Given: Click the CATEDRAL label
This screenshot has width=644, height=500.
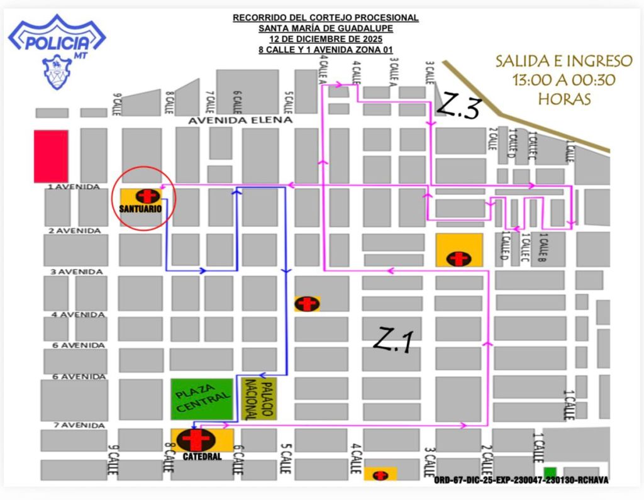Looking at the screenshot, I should point(203,457).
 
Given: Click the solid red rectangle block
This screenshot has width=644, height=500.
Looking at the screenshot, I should point(51,156).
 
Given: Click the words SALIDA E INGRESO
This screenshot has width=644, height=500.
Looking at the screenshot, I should point(563,62).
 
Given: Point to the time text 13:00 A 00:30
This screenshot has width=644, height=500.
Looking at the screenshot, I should point(563,80).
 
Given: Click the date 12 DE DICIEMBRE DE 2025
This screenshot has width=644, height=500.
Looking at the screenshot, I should point(325,38).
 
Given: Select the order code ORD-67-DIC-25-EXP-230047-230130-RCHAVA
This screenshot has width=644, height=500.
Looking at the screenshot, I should point(521,481).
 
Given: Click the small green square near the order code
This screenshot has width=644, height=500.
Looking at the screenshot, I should point(550,472).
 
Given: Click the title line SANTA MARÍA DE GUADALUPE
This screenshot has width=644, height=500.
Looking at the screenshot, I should point(325,28).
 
